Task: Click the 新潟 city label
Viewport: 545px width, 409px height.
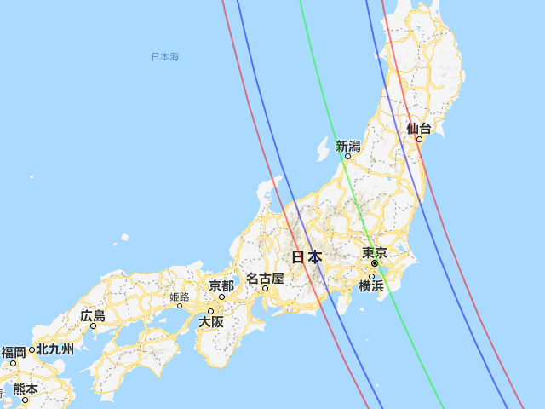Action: (x=347, y=146)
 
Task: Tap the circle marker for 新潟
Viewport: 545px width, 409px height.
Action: (x=347, y=156)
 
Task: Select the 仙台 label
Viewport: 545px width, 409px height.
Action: (x=418, y=129)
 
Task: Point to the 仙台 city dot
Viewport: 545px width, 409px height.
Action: (x=419, y=139)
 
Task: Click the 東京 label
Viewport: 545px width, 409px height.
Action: (x=375, y=252)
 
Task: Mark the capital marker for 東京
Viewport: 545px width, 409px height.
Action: (x=374, y=263)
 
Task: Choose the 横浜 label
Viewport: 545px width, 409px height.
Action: (x=371, y=286)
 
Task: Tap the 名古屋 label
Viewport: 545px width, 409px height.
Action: (x=265, y=278)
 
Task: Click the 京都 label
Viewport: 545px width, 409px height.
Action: (x=221, y=285)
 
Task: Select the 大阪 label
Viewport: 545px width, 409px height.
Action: (x=210, y=322)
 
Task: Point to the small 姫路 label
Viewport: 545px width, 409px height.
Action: (x=180, y=297)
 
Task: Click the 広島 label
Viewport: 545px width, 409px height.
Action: (x=93, y=315)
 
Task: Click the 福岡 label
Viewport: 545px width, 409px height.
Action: (x=14, y=352)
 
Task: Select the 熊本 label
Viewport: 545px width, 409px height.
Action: (x=26, y=389)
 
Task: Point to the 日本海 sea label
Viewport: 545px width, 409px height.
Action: (x=164, y=57)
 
